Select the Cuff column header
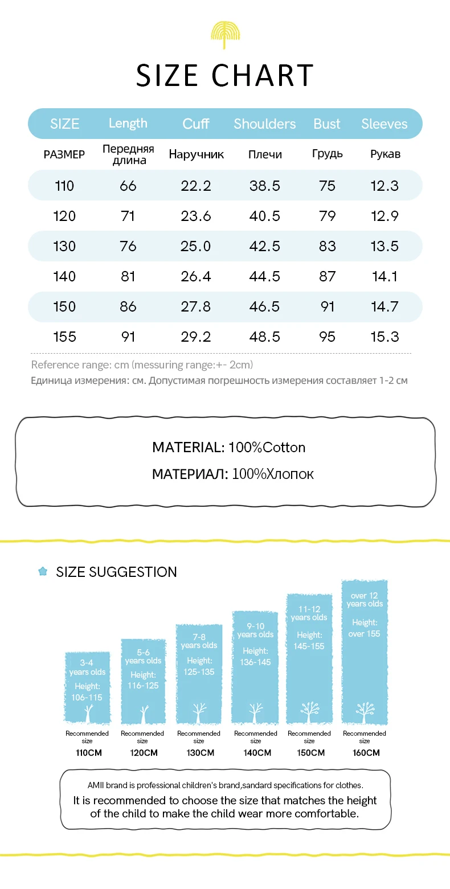pyautogui.click(x=196, y=124)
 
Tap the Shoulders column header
pyautogui.click(x=265, y=124)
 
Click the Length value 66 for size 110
pyautogui.click(x=128, y=186)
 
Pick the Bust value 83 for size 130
pyautogui.click(x=328, y=246)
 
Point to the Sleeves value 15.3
pyautogui.click(x=384, y=337)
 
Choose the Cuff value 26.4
pyautogui.click(x=196, y=276)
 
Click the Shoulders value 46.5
pyautogui.click(x=265, y=306)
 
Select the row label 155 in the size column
pyautogui.click(x=64, y=337)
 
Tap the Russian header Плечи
pyautogui.click(x=265, y=155)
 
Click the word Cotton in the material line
pyautogui.click(x=284, y=448)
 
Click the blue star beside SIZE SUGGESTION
pyautogui.click(x=43, y=571)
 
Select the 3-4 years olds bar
pyautogui.click(x=87, y=687)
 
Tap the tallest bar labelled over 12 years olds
pyautogui.click(x=365, y=652)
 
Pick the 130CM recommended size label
pyautogui.click(x=199, y=753)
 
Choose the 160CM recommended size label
pyautogui.click(x=365, y=753)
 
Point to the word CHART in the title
pyautogui.click(x=263, y=76)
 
